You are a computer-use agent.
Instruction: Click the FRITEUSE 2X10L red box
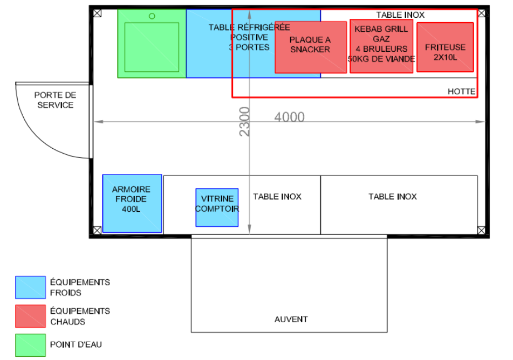445,47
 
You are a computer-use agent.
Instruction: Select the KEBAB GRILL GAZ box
381,46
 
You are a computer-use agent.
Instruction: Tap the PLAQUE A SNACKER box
311,47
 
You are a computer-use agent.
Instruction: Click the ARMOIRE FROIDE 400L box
132,203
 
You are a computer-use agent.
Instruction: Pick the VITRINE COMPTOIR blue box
217,207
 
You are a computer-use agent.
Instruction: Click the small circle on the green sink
152,16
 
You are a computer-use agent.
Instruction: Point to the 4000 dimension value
290,117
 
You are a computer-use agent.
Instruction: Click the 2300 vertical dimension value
244,122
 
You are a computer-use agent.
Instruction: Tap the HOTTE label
461,92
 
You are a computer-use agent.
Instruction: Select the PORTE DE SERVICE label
55,100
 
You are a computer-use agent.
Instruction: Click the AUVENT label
291,319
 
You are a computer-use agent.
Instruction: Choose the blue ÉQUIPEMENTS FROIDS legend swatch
30,287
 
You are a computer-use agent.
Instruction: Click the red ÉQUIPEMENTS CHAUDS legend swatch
30,316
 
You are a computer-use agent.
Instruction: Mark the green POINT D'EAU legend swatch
30,345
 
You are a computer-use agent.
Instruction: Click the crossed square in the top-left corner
97,13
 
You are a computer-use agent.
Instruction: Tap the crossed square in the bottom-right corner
481,230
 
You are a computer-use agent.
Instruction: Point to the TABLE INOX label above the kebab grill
400,15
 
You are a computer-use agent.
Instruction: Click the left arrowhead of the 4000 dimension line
98,122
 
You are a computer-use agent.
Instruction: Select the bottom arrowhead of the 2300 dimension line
249,230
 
